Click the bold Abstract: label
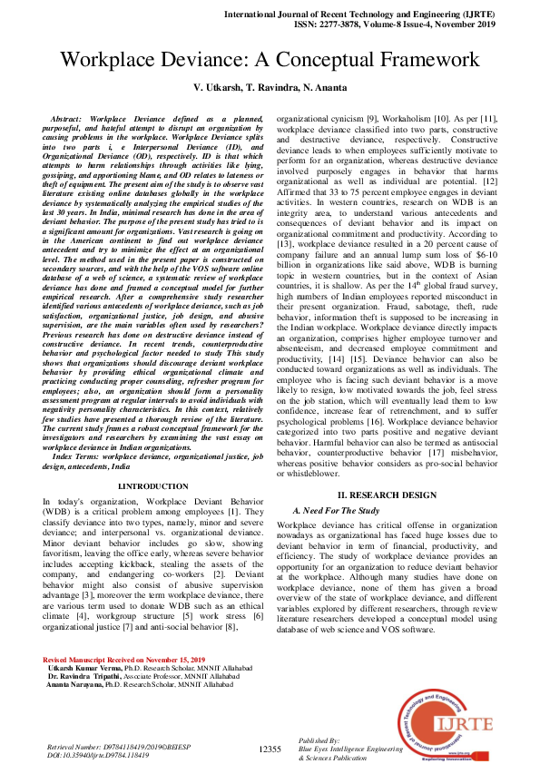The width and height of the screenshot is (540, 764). click(74, 119)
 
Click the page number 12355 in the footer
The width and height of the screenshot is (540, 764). click(270, 749)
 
